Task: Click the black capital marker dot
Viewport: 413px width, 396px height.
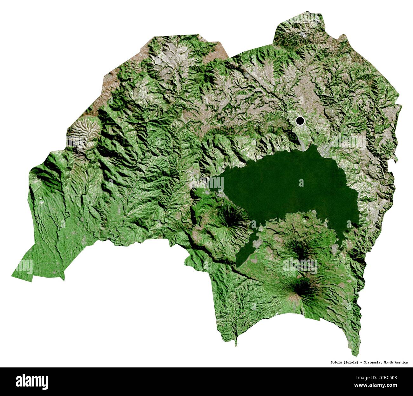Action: click(x=300, y=121)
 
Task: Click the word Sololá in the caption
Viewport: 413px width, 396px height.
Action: click(x=335, y=362)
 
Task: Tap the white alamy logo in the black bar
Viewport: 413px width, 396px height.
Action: click(x=32, y=381)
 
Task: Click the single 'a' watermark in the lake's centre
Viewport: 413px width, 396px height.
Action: click(x=301, y=183)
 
